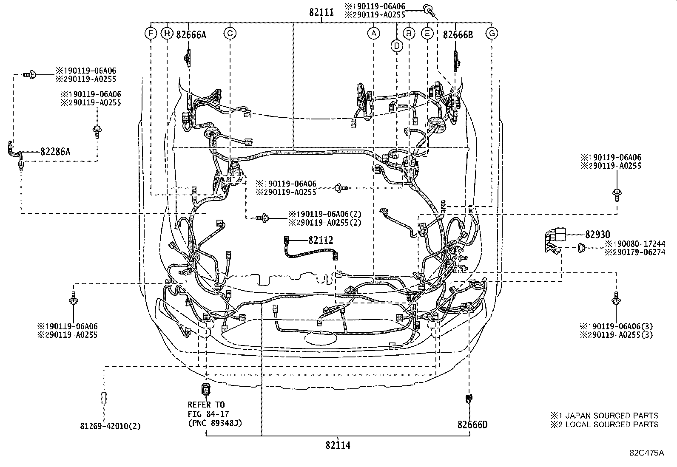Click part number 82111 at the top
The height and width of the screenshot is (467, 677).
coord(321,13)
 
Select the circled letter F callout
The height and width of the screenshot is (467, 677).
coord(151,33)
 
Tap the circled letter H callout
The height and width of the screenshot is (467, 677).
coord(167,33)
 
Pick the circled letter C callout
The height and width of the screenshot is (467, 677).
coord(230,33)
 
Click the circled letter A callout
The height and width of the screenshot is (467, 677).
coord(373,33)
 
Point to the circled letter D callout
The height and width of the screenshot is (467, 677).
coord(397,45)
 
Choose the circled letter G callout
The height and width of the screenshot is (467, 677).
coord(492,33)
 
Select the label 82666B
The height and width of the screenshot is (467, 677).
coord(458,35)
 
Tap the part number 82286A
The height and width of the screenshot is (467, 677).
coord(55,151)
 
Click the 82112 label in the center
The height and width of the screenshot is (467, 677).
coord(321,241)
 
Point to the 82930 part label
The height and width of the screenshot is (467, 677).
coord(597,234)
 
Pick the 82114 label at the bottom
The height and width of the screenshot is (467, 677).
coord(338,445)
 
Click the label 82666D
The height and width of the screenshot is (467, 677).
coord(472,425)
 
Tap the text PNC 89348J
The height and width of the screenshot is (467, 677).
coord(215,423)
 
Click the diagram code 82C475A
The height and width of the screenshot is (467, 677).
coord(647,453)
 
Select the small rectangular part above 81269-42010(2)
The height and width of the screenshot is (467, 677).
coord(104,398)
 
